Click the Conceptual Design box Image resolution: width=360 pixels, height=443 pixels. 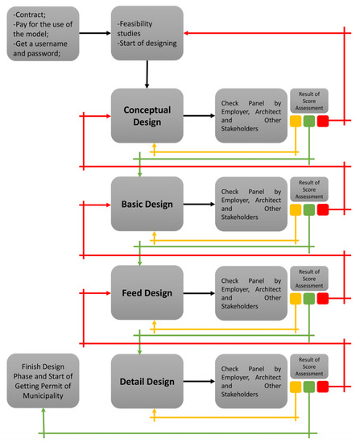point(147,116)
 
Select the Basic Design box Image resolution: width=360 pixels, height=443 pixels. point(147,205)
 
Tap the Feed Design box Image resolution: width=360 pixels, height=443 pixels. point(147,293)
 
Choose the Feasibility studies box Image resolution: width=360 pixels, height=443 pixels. point(147,34)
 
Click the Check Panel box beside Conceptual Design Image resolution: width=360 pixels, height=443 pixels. point(250,116)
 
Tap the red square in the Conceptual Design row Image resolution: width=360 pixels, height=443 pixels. point(323,122)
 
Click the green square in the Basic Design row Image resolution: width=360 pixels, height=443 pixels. point(309,210)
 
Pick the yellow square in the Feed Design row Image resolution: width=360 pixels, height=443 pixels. point(296,299)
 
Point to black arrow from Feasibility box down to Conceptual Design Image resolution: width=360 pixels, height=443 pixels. point(147,74)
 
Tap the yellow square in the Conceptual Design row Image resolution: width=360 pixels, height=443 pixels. point(296,122)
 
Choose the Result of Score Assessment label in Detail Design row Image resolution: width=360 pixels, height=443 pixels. point(309,364)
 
